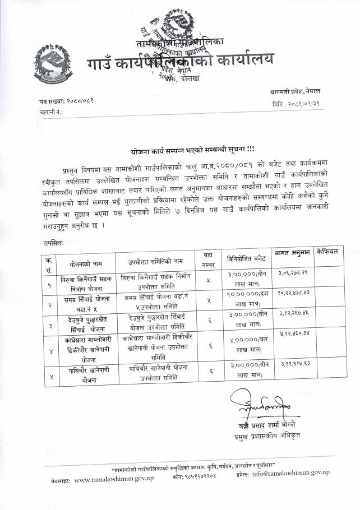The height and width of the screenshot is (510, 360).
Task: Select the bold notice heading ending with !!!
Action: tap(179, 151)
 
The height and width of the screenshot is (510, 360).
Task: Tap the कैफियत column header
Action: tap(327, 252)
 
